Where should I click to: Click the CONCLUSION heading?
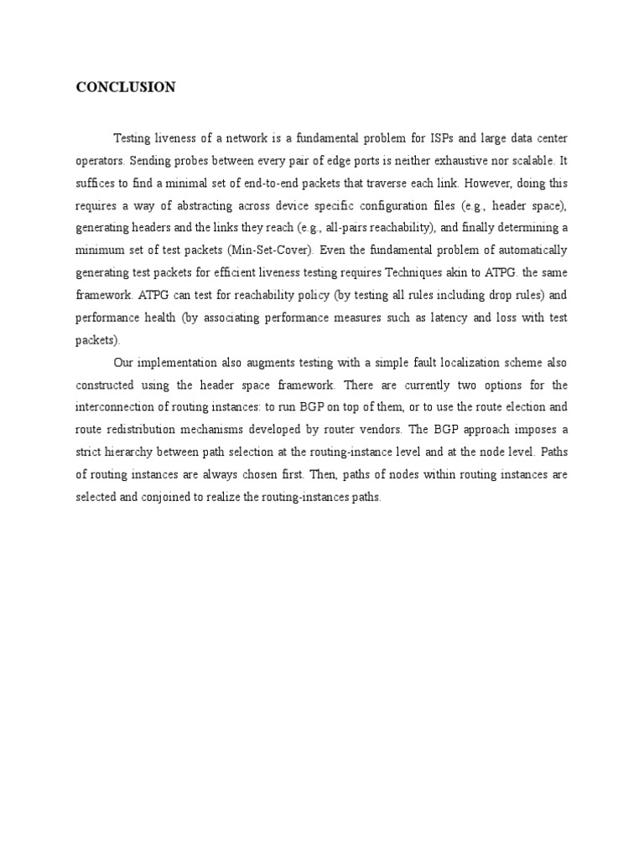[126, 87]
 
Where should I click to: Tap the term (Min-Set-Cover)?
[273, 250]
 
